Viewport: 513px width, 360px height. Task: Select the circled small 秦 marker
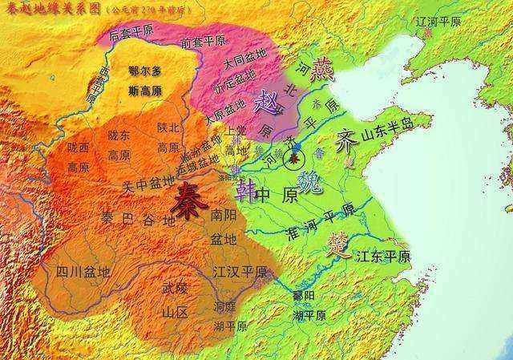click(x=295, y=160)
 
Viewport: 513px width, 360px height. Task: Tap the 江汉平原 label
click(x=240, y=273)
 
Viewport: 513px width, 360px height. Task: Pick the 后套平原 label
click(x=131, y=34)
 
